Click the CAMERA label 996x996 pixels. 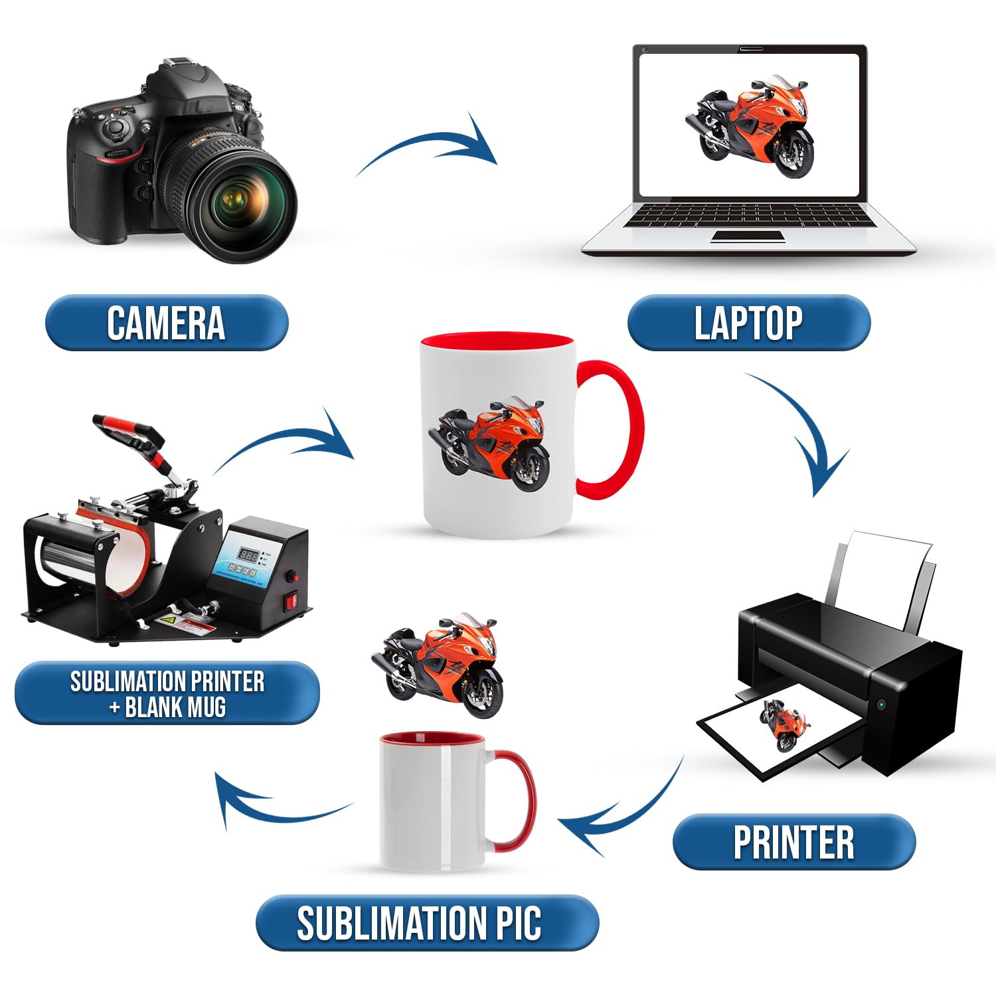[166, 323]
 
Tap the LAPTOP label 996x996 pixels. [748, 323]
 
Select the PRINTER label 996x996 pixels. [793, 842]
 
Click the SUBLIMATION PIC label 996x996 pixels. [427, 923]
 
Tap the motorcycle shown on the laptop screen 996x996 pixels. [750, 126]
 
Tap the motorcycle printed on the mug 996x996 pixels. [490, 445]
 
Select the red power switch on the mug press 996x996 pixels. [290, 603]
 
